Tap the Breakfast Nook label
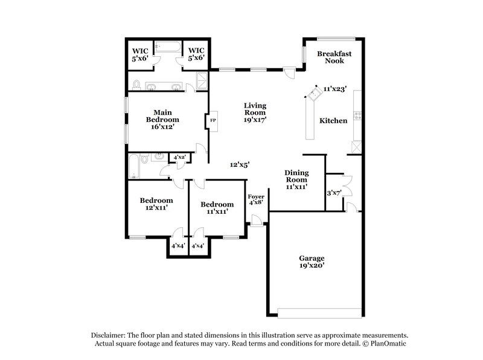click(334, 57)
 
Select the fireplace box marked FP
click(212, 121)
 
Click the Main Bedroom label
click(162, 116)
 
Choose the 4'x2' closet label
click(179, 158)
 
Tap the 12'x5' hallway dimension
click(240, 164)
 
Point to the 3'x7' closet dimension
click(334, 193)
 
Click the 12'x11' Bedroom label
click(156, 204)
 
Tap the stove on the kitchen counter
click(357, 115)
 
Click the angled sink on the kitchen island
click(315, 92)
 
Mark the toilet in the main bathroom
click(137, 84)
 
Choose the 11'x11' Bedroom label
click(217, 208)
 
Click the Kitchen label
click(333, 121)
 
